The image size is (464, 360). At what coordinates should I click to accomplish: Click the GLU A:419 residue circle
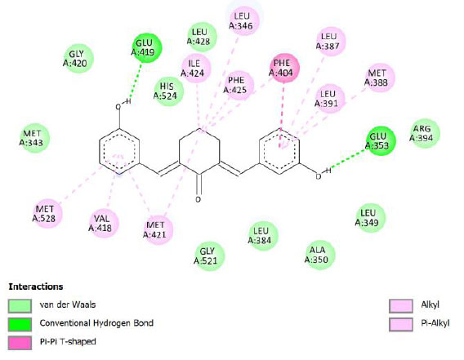coord(147,48)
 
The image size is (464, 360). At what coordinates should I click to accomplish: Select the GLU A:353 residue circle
coord(381,141)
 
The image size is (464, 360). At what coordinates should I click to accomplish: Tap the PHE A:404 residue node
coord(284,68)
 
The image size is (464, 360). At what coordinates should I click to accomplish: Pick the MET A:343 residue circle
coord(35,138)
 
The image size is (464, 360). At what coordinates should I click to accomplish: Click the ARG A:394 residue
coord(425,133)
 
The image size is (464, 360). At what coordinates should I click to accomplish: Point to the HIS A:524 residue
coord(168,91)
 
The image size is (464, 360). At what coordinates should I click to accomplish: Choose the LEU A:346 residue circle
coord(244,20)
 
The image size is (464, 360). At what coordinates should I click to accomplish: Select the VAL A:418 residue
coord(104,224)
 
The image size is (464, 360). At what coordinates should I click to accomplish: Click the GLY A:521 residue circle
coord(209,256)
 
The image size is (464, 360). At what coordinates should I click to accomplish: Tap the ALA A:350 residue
coord(320,255)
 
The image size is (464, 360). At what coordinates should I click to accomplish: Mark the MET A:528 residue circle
coord(47,214)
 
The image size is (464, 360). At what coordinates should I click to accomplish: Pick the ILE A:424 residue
coord(195,68)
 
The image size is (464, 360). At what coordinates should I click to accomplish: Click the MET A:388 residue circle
coord(380,78)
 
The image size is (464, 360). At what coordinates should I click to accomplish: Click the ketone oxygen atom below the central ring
coord(199,199)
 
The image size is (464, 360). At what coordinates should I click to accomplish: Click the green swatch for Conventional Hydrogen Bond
coord(20,325)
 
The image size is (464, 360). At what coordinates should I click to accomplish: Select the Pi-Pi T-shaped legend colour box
coord(20,343)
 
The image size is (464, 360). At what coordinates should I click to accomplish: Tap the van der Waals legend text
coord(68,304)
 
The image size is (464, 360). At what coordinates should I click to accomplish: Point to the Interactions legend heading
coord(36,287)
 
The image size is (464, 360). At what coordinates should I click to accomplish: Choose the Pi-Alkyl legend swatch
coord(401,325)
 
